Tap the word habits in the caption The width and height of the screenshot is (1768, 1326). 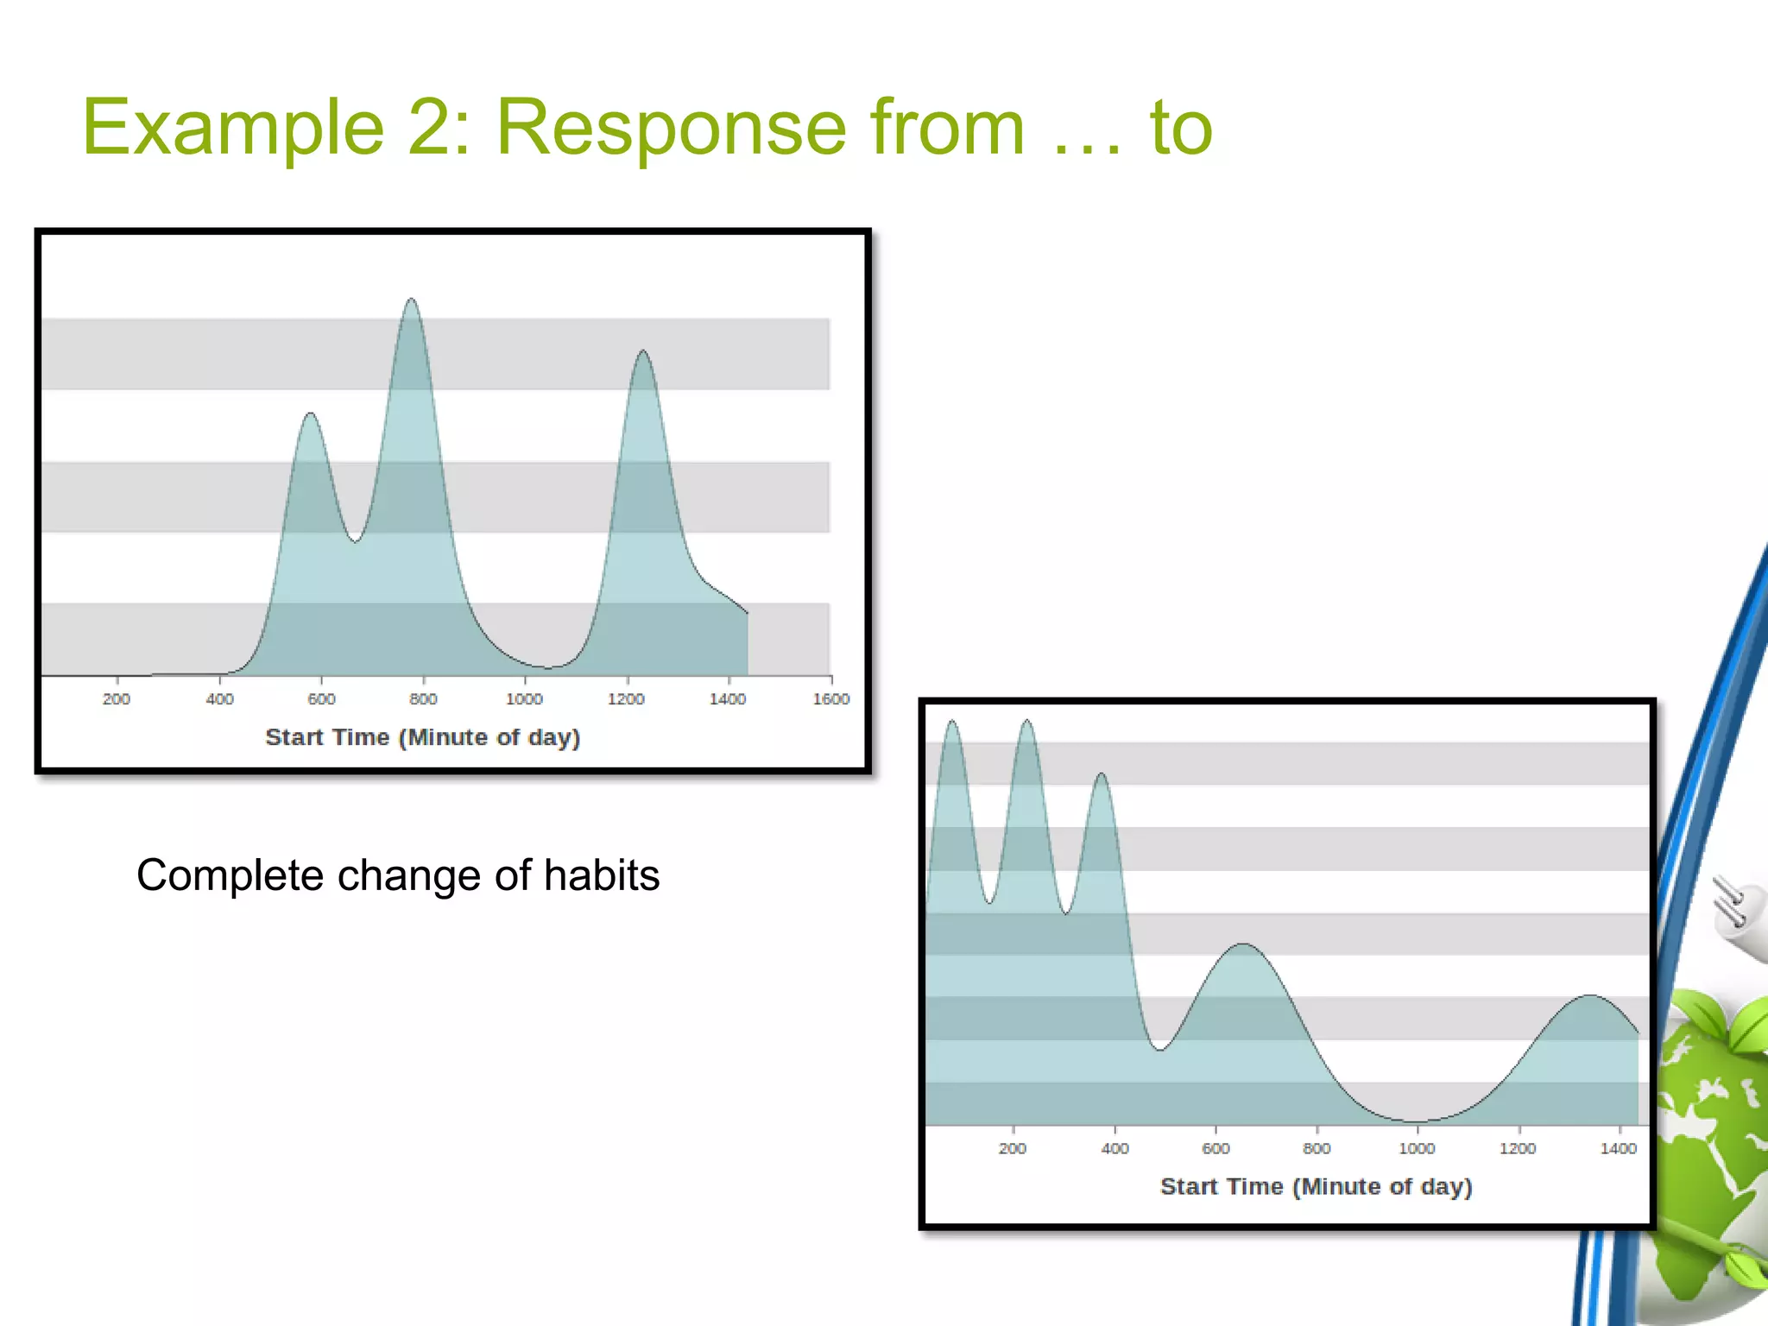602,875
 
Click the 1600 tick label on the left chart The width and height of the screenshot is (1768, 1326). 830,698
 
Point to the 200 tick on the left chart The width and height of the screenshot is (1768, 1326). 117,698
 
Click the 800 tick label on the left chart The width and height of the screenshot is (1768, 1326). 423,698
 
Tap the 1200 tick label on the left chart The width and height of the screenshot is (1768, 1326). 626,698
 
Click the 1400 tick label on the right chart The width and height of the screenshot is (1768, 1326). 1618,1148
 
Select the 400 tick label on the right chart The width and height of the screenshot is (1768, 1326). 1114,1148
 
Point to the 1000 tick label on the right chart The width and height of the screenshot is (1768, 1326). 1417,1148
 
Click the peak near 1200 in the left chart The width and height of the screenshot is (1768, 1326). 643,351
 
